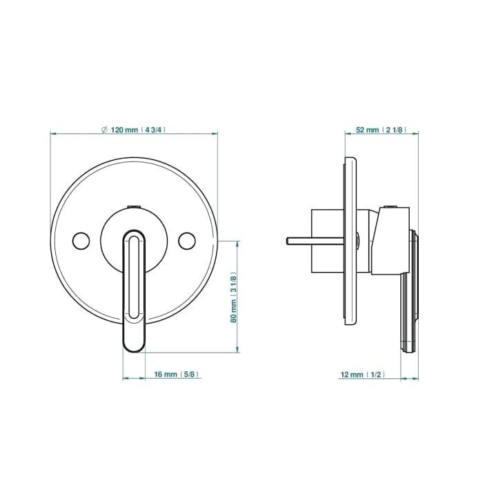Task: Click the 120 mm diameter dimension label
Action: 133,130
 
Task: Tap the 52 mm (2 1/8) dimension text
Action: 381,130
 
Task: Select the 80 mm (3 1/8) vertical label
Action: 234,297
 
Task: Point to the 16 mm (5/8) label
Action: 176,374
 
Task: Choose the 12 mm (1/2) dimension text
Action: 362,375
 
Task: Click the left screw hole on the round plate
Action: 81,241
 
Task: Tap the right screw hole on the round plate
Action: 187,241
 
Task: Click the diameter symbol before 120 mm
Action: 104,130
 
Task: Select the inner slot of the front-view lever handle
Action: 134,277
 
